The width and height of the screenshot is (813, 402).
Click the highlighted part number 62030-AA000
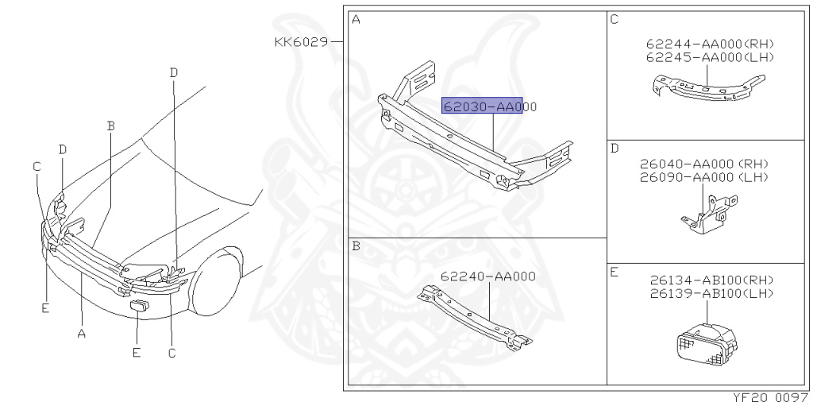coord(489,106)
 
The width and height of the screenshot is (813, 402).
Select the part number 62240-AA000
coord(488,276)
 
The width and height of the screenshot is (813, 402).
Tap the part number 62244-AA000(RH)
coord(710,44)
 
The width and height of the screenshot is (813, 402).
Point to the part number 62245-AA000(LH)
coord(710,57)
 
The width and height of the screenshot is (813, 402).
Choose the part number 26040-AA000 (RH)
coord(704,164)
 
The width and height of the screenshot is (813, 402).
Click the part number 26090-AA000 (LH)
coord(704,177)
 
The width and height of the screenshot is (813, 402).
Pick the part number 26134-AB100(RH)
coord(711,280)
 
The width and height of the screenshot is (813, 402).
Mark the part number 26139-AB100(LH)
coord(711,294)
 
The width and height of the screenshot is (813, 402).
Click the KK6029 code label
coord(301,41)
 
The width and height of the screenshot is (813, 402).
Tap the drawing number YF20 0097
coord(770,396)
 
